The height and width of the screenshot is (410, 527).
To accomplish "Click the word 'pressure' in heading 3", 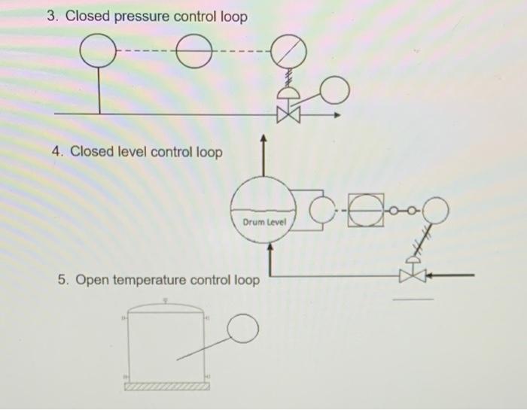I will point(147,17).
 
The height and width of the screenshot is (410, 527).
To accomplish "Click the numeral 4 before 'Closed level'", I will point(56,151).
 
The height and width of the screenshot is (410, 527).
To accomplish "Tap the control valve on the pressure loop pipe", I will point(288,114).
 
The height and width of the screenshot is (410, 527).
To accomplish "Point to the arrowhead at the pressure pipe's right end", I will point(337,114).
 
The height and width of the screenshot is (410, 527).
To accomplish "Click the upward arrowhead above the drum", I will point(262,140).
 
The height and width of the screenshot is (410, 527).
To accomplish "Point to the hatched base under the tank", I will point(167,386).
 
